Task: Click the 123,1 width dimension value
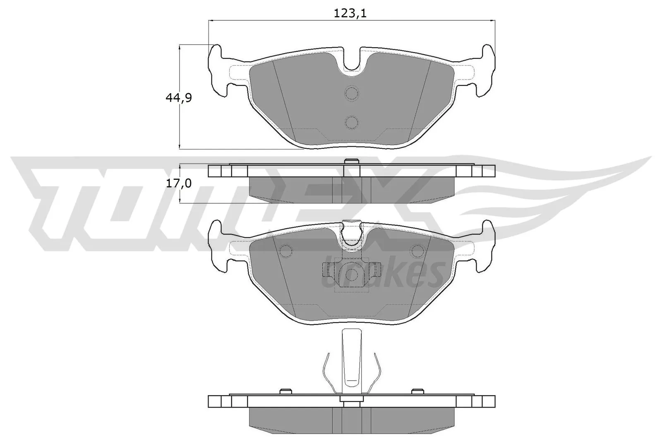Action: pos(350,13)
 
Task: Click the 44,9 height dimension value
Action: pos(178,98)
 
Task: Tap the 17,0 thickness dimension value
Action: pos(178,183)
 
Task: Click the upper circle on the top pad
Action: pos(351,94)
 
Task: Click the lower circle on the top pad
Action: pos(351,122)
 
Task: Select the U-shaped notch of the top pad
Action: pos(351,62)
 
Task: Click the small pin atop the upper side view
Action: pos(351,162)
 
